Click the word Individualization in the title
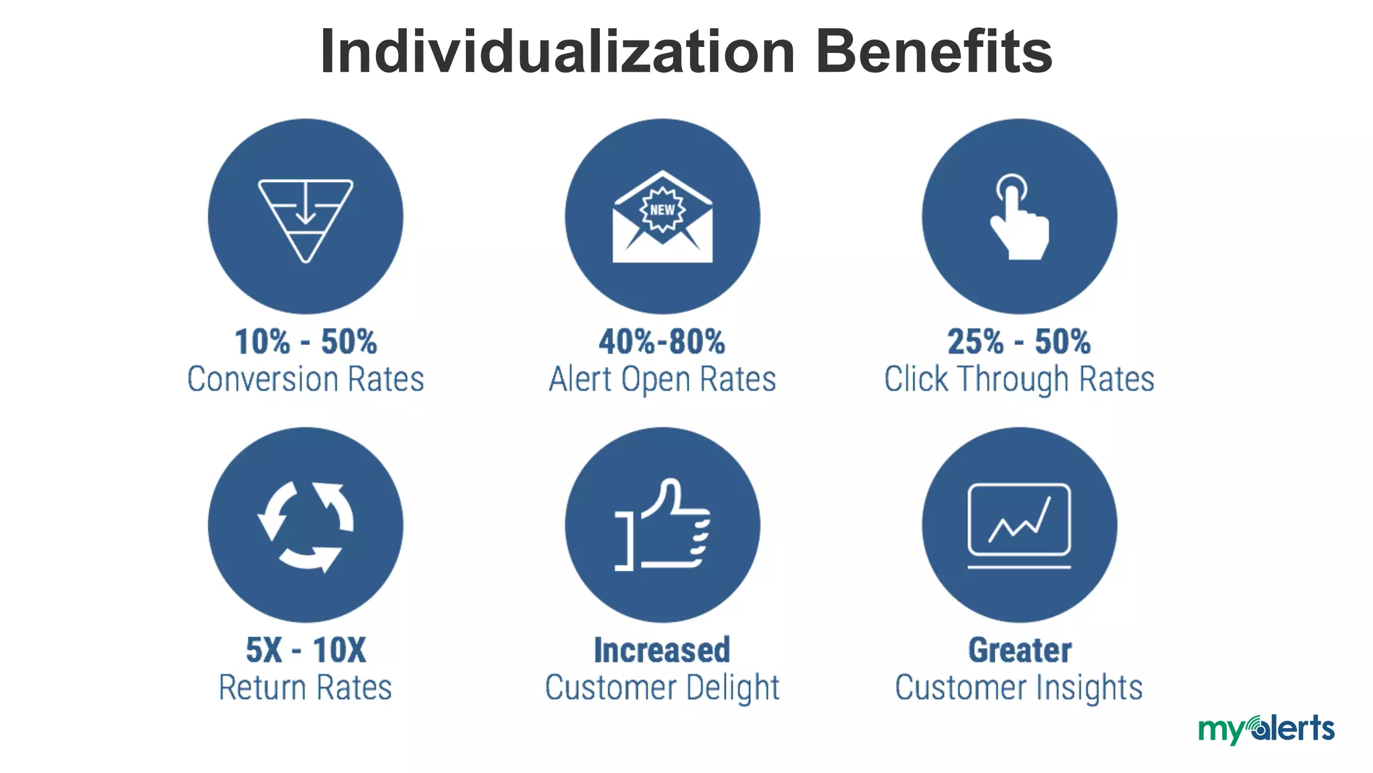coord(557,52)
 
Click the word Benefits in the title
coord(934,52)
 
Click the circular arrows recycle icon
coord(306,525)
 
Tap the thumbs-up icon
coord(662,525)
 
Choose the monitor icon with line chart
coord(1019,525)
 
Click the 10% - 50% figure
coord(306,342)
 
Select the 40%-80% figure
coord(662,342)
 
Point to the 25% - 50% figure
coord(1019,342)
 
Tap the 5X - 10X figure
coord(306,650)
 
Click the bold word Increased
coord(662,650)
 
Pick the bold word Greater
coord(1020,650)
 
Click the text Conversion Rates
coord(306,379)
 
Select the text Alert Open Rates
coord(662,379)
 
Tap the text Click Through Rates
coord(1019,379)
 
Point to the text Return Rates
coord(306,688)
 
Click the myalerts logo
coord(1266,729)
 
